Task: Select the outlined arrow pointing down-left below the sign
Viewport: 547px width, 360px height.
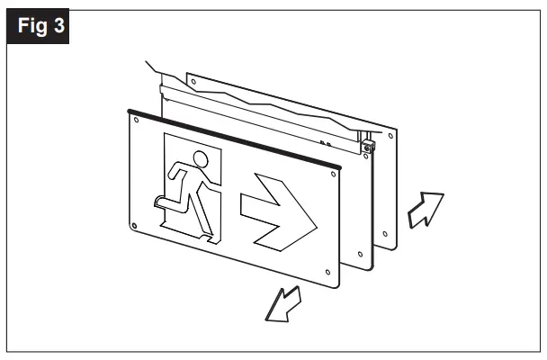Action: (282, 305)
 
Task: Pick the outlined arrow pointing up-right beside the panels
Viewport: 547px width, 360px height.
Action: (423, 210)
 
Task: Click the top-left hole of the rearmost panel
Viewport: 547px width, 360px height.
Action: (192, 82)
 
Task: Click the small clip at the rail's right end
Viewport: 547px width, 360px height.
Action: (366, 143)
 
